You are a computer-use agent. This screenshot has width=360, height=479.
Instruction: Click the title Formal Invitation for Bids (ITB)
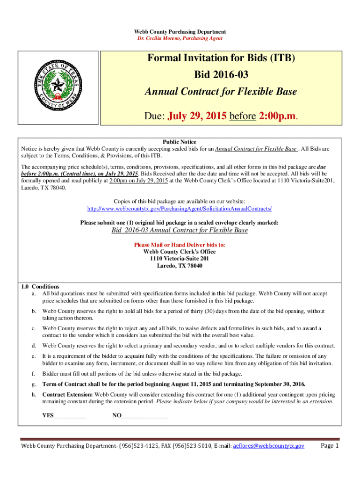[x=222, y=58]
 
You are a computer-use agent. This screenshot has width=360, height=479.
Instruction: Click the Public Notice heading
[x=180, y=142]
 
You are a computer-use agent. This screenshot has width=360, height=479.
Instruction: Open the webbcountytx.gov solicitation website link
[x=180, y=208]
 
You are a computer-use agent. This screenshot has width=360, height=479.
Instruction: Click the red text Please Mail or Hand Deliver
[x=180, y=245]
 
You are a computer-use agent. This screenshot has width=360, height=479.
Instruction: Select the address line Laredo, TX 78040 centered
[x=180, y=266]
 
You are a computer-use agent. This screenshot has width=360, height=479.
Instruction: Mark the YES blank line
[x=70, y=415]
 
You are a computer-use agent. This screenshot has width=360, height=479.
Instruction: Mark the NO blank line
[x=145, y=415]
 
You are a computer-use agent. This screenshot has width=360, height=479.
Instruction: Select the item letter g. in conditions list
[x=33, y=384]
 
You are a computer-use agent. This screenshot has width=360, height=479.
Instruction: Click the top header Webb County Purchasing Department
[x=180, y=32]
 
